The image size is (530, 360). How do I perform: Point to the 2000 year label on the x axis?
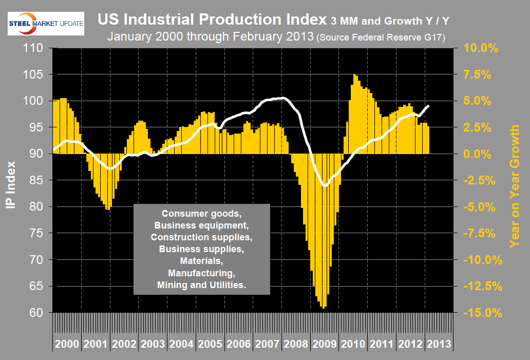pos(67,344)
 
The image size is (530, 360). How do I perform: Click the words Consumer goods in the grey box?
pos(201,213)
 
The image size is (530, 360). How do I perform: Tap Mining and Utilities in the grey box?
pos(201,284)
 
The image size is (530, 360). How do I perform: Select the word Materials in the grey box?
pos(201,261)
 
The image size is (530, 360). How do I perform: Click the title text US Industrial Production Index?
pos(210,21)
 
